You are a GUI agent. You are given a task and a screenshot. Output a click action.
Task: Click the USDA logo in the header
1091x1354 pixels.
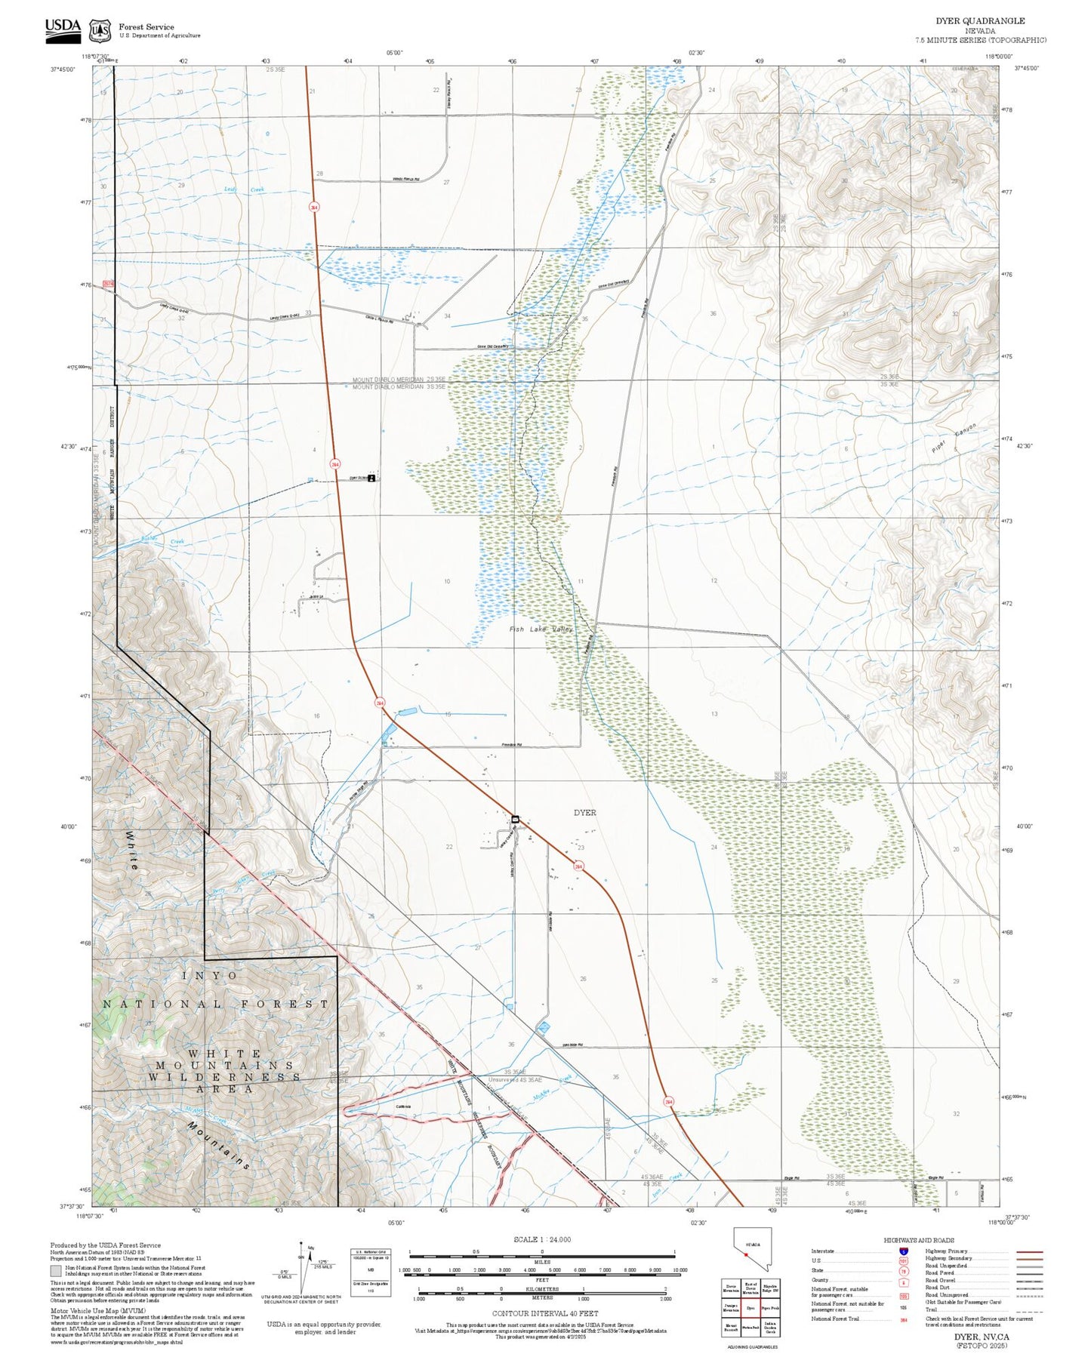tap(63, 27)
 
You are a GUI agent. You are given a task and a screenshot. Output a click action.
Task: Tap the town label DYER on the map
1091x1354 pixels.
tap(584, 813)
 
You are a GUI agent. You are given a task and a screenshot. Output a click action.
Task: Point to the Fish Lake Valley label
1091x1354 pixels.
tap(541, 629)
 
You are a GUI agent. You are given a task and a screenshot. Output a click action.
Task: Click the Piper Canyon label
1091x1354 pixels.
tap(954, 439)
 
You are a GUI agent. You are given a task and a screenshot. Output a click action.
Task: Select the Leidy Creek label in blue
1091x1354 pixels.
tap(244, 189)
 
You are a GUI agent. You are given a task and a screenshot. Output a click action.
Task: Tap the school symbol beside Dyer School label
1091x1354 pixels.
tap(371, 478)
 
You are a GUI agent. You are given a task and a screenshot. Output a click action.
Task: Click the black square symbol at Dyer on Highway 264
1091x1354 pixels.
tap(516, 819)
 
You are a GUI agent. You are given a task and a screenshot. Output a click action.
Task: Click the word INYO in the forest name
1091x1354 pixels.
tap(210, 975)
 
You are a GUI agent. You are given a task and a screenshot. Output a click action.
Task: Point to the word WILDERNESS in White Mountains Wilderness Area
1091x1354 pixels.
tap(224, 1077)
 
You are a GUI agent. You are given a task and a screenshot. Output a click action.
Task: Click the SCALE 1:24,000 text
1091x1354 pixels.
tap(542, 1239)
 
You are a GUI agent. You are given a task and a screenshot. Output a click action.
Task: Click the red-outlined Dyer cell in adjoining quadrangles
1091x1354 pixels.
tap(750, 1308)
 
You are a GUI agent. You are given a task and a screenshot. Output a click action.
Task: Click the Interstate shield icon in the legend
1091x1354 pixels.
tap(904, 1251)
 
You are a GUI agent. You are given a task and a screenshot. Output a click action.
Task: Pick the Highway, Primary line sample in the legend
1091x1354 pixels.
tap(1030, 1251)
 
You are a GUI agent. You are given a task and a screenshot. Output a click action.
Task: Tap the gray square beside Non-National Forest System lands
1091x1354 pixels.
tap(56, 1271)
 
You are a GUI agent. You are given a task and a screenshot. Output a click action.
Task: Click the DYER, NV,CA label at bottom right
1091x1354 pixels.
tap(981, 1337)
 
